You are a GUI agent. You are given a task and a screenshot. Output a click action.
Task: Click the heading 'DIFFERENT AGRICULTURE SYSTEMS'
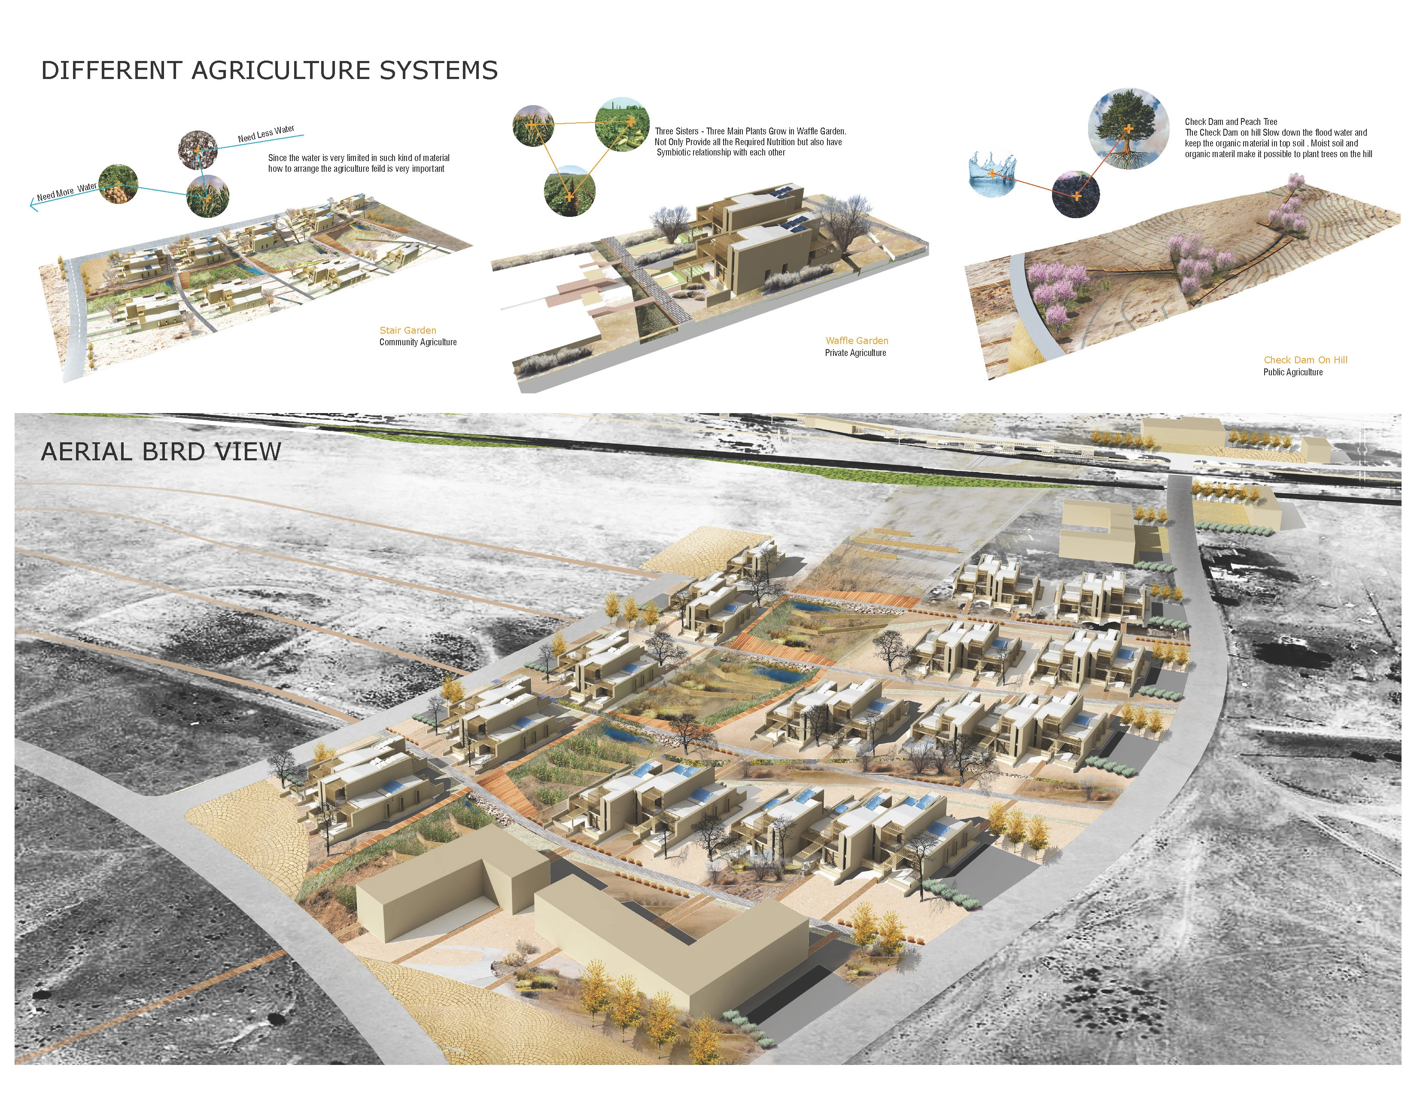(x=269, y=70)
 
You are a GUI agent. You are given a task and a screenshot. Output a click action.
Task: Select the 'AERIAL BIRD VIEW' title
(x=161, y=451)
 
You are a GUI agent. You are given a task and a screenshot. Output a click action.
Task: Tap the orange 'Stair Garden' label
(x=408, y=330)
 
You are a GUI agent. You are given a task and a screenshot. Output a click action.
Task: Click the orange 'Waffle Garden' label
(x=857, y=341)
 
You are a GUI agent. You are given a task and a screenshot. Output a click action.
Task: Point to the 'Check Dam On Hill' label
(x=1305, y=360)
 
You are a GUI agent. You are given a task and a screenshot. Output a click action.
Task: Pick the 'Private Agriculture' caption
(x=855, y=353)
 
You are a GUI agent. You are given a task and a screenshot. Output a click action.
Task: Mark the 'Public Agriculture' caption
(x=1292, y=372)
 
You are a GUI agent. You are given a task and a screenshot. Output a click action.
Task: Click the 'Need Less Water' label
(x=266, y=134)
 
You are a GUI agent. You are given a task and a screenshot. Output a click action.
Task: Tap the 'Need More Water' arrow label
(x=67, y=192)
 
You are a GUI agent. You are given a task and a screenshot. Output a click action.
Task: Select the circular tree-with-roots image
(x=1128, y=130)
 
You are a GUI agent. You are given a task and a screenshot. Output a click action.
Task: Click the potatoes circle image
(x=118, y=184)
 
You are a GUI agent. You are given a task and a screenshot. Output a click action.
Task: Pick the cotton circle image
(x=198, y=150)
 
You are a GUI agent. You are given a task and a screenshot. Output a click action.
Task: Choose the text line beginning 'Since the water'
(x=359, y=158)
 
